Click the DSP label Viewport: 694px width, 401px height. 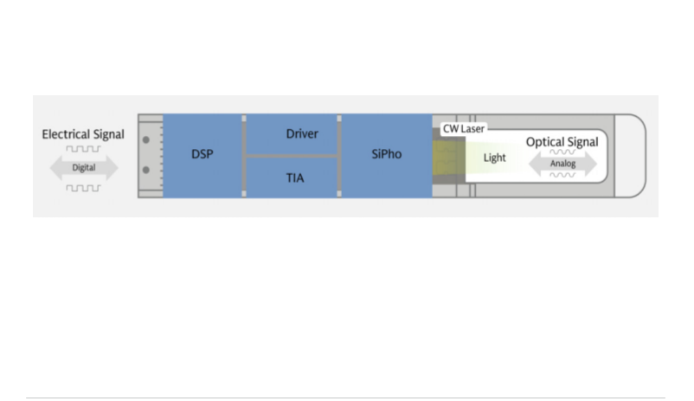pyautogui.click(x=202, y=154)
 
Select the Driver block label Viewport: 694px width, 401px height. pyautogui.click(x=302, y=134)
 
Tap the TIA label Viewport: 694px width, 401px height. pyautogui.click(x=295, y=178)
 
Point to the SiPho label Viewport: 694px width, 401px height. pyautogui.click(x=387, y=154)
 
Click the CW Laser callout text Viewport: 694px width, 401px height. pyautogui.click(x=464, y=129)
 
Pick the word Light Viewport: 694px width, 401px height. pyautogui.click(x=494, y=158)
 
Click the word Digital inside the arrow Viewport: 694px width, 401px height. pyautogui.click(x=84, y=168)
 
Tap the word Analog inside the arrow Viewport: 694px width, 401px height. pyautogui.click(x=562, y=164)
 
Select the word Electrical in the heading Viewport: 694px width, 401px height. pyautogui.click(x=62, y=134)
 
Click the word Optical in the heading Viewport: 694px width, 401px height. pyautogui.click(x=543, y=142)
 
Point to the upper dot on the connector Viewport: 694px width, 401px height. pyautogui.click(x=146, y=140)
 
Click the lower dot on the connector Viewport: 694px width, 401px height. pyautogui.click(x=146, y=170)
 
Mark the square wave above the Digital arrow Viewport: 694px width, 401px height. pyautogui.click(x=84, y=149)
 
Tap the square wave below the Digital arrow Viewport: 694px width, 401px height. pyautogui.click(x=84, y=188)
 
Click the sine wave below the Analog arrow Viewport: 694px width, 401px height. pyautogui.click(x=562, y=175)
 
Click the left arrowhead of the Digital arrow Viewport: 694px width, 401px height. pyautogui.click(x=56, y=168)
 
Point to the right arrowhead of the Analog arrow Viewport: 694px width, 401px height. pyautogui.click(x=591, y=164)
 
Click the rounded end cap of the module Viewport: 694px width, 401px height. pyautogui.click(x=630, y=156)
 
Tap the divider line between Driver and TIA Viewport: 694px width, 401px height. pyautogui.click(x=292, y=157)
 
